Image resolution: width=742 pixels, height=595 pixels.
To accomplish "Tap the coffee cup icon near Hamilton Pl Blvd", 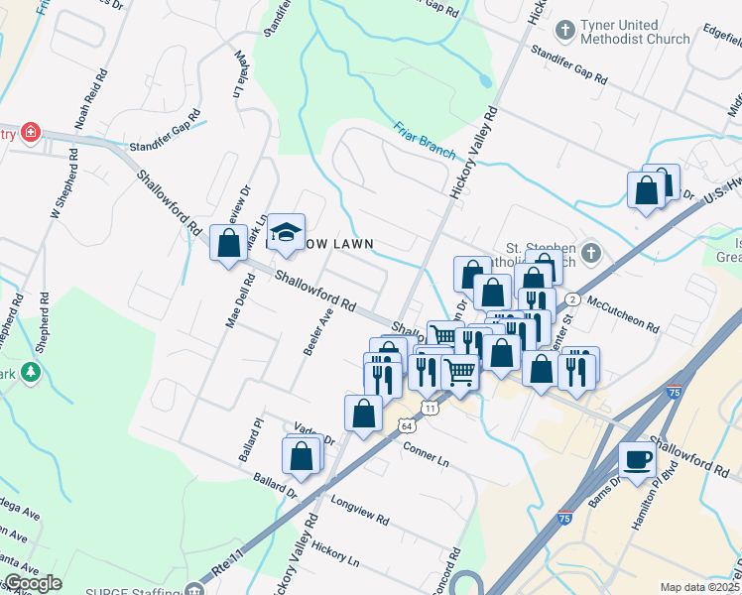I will (636, 458).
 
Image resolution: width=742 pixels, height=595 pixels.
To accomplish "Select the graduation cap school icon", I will (286, 232).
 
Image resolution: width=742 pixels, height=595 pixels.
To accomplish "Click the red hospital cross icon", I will (31, 132).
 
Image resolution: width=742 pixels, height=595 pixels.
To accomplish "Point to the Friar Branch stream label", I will (424, 140).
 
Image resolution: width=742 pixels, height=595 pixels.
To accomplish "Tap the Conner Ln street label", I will (427, 455).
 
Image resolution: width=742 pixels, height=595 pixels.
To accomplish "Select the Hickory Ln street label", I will (334, 552).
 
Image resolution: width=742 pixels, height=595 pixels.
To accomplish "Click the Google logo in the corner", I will (32, 583).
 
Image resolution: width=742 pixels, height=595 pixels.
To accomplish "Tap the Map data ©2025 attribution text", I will (700, 587).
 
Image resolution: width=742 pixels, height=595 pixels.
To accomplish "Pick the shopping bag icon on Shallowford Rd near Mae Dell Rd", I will (228, 242).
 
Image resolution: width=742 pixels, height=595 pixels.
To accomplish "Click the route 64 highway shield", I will (407, 424).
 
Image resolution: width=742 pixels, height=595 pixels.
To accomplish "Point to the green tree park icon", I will (31, 372).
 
